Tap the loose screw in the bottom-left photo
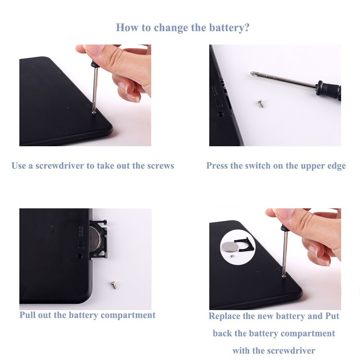click(x=113, y=284)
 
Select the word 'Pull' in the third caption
click(x=28, y=315)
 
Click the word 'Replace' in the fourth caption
click(x=225, y=316)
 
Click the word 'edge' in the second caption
click(x=336, y=166)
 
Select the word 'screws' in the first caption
click(x=160, y=166)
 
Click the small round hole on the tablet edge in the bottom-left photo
click(x=80, y=255)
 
